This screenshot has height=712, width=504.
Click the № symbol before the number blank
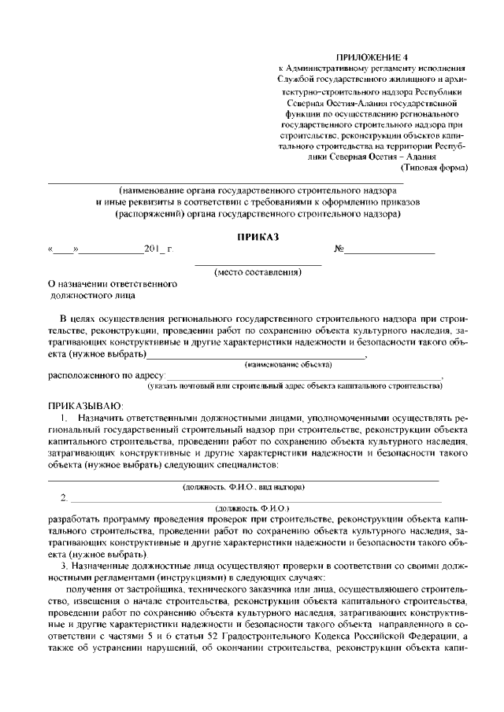(339, 250)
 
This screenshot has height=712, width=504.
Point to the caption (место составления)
(258, 272)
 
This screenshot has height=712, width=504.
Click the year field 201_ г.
(158, 250)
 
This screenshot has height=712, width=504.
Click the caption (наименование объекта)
(288, 365)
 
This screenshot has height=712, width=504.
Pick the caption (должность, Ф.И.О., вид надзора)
(244, 488)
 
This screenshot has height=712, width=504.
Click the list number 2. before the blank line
(64, 499)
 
